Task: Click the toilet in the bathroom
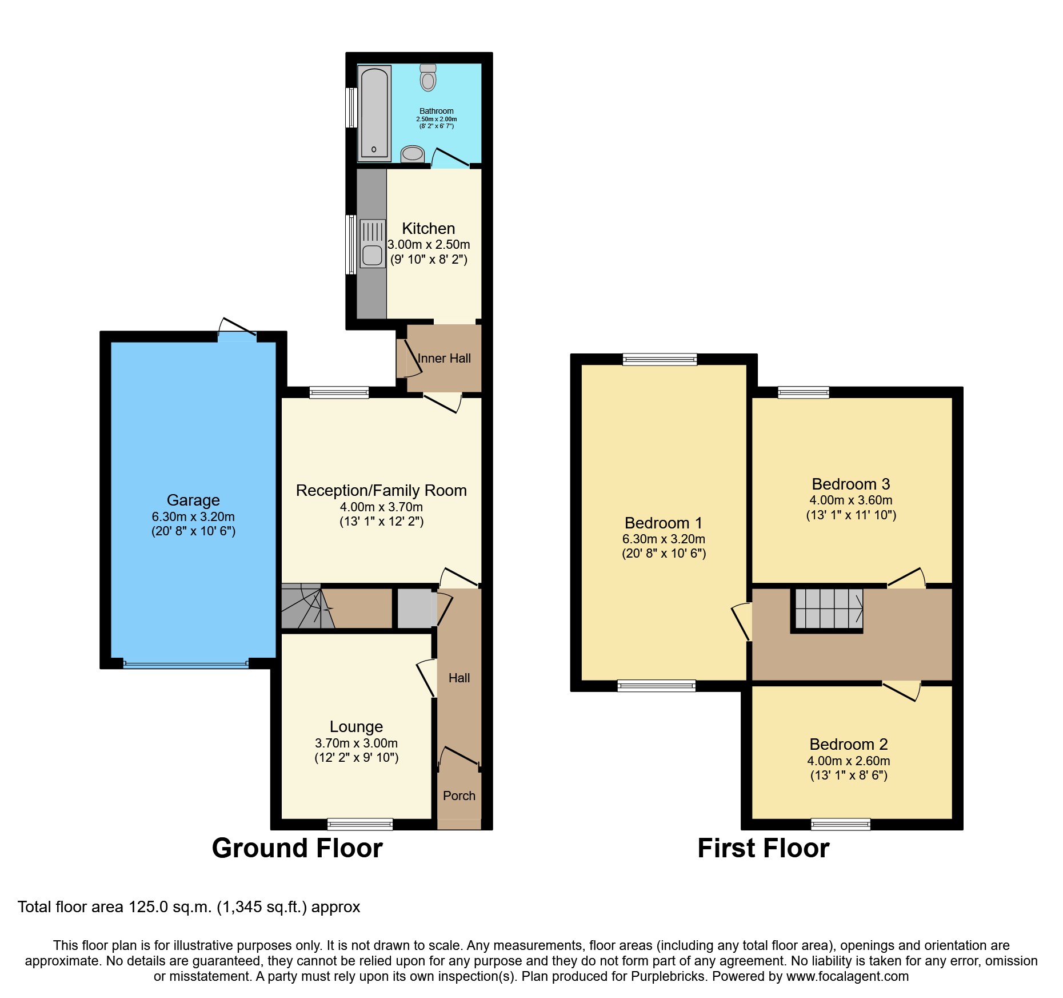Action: [427, 78]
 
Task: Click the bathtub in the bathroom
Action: [374, 113]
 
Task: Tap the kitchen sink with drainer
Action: [372, 244]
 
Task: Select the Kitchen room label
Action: [428, 228]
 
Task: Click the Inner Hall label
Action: [444, 359]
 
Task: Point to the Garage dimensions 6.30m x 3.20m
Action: [193, 516]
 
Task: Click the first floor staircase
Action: [828, 609]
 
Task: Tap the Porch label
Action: [459, 796]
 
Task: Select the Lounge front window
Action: [360, 824]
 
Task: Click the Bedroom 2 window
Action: [841, 824]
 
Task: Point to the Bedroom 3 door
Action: [908, 577]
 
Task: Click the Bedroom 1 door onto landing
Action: [742, 621]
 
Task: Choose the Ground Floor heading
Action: [297, 848]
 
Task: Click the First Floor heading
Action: [763, 848]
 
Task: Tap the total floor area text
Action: [189, 907]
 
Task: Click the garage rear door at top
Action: [237, 328]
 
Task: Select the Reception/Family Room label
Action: [381, 491]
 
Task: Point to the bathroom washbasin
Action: [412, 153]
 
